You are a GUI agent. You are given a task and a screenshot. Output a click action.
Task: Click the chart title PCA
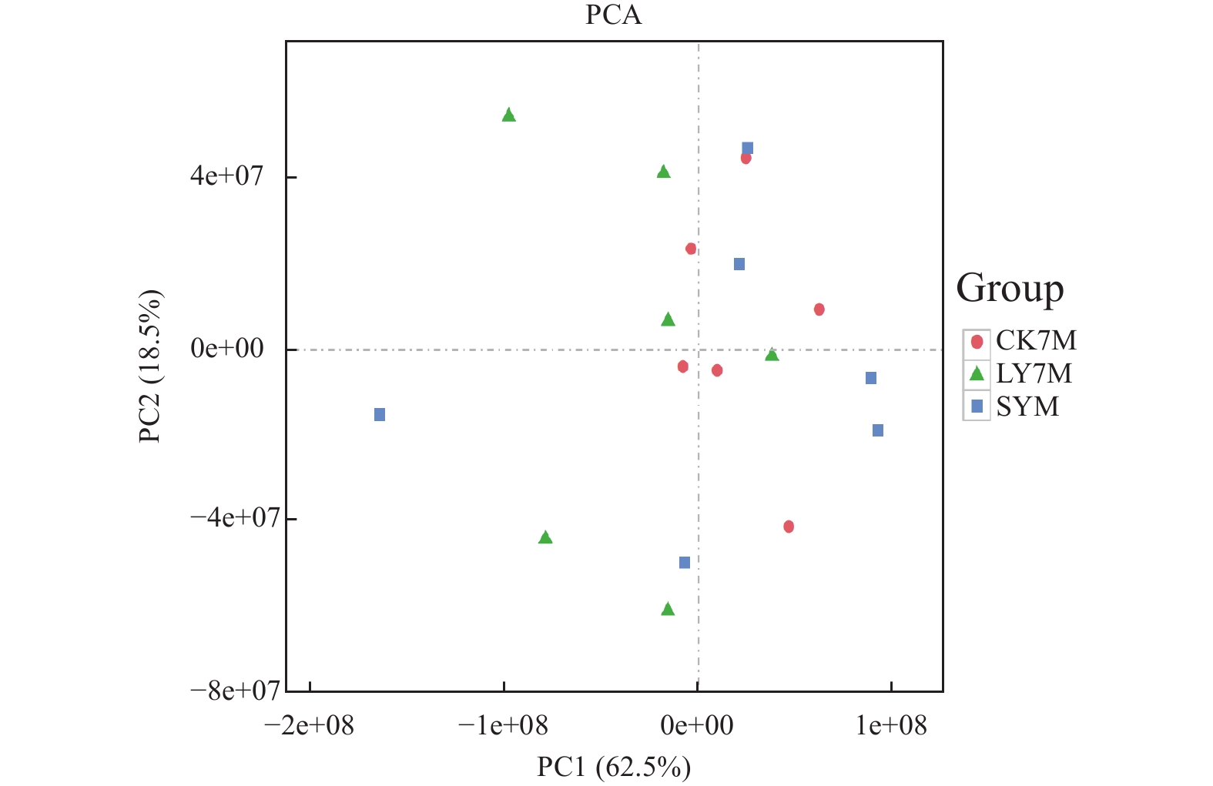(613, 15)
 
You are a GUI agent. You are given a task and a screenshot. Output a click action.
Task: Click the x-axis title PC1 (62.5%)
(614, 767)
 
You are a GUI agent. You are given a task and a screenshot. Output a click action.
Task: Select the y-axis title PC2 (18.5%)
(150, 366)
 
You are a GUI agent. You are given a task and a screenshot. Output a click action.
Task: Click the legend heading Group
(1010, 289)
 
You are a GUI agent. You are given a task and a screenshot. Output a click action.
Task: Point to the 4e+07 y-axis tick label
(227, 176)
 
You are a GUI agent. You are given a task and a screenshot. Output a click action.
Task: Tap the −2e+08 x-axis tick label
(309, 725)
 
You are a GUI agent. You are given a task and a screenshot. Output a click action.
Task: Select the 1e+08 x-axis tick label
(891, 725)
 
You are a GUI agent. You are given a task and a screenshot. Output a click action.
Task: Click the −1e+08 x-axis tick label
(503, 725)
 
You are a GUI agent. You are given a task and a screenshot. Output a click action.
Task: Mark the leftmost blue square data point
(380, 415)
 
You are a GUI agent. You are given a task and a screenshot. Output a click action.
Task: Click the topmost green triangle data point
(508, 115)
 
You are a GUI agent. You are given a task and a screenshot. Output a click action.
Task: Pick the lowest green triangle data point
(668, 609)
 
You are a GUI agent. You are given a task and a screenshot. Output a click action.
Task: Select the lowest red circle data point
(789, 527)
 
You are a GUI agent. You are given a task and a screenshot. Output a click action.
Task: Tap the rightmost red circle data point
(819, 309)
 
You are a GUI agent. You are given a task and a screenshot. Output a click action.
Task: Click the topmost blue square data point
(747, 148)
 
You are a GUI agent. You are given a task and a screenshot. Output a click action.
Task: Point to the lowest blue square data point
(685, 563)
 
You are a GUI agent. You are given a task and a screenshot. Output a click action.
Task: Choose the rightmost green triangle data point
(772, 355)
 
